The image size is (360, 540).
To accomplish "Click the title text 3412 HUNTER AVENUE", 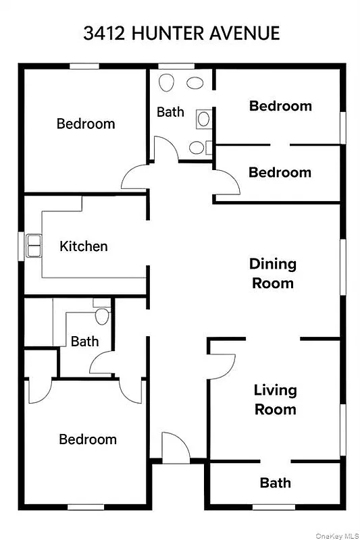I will [x=181, y=34].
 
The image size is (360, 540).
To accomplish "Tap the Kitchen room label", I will [x=84, y=246].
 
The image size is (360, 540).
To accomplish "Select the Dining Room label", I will [x=273, y=273].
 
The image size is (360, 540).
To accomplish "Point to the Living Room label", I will [x=275, y=400].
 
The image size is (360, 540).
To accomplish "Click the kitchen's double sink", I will [x=33, y=245].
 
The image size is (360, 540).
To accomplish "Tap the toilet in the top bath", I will [x=166, y=84].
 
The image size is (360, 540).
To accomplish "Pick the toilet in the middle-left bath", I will [x=102, y=316].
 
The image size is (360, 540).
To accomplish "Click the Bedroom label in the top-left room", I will [x=86, y=124].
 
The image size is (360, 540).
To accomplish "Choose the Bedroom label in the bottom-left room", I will [x=88, y=439].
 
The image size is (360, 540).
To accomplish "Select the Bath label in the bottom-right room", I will [x=276, y=483].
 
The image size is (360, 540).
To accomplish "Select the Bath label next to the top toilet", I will [x=170, y=111].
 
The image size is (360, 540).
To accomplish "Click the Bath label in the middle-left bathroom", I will [x=84, y=342].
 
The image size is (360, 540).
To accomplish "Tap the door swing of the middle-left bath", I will [x=101, y=365].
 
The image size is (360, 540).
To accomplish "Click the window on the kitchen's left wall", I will [x=22, y=245].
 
